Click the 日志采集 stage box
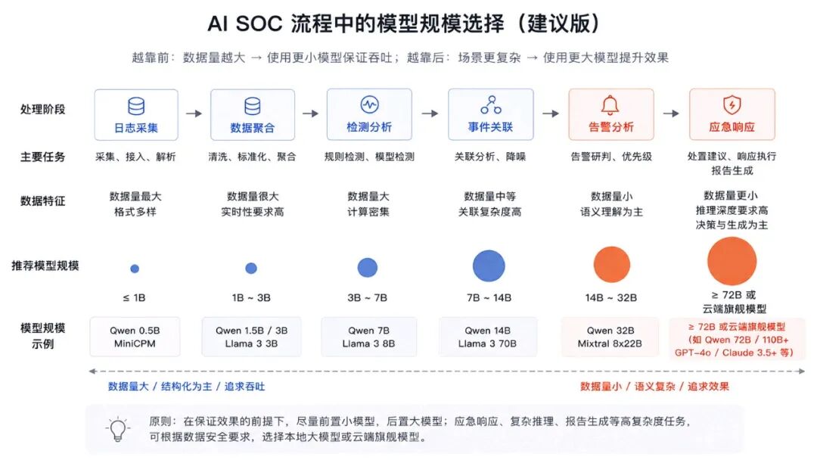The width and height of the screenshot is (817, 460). pos(136,114)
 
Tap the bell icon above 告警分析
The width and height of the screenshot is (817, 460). pos(610,105)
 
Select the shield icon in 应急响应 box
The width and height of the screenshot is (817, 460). pos(732,104)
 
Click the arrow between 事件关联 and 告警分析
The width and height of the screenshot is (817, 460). pos(551,113)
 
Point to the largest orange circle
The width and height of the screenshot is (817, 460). pos(732,261)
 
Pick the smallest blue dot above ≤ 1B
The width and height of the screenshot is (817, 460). pos(135,269)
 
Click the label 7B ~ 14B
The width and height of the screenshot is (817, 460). pos(489,298)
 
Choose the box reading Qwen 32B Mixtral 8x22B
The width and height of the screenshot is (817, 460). pos(610,337)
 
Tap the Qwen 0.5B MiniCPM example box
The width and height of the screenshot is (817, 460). pos(135,337)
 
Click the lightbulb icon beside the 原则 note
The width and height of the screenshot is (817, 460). pos(118,429)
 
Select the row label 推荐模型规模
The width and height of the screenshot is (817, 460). pos(45,266)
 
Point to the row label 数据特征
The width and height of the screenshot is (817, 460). pos(42,201)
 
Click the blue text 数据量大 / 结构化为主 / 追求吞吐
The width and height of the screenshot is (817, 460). pos(186,387)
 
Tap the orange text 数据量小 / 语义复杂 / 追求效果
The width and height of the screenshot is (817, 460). pos(654,387)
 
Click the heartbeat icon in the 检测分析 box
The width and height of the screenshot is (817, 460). pos(369,104)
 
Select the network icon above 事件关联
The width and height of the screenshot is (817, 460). pos(491,104)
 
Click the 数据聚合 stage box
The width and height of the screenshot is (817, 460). pos(253,114)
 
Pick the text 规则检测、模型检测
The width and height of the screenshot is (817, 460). pos(369,157)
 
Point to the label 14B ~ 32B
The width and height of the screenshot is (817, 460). pos(610,298)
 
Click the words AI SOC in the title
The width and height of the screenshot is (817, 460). pos(245,23)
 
